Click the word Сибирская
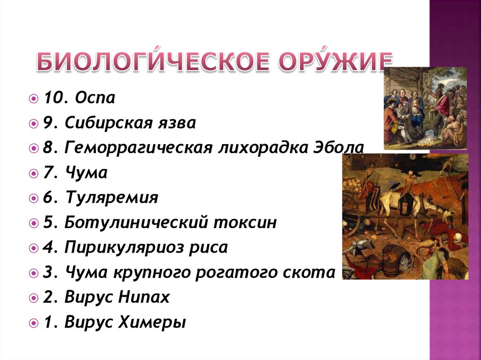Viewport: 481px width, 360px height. [108, 124]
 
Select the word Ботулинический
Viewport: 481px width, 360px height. [134, 222]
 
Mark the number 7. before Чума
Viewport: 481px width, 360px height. [50, 173]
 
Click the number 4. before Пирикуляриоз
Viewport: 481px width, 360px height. [50, 247]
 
